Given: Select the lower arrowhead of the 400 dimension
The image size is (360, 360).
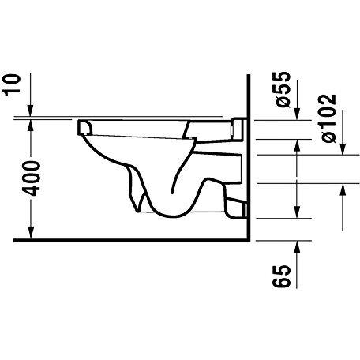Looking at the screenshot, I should point(32,236).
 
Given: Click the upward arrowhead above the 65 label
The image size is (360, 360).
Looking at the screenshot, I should point(297,246).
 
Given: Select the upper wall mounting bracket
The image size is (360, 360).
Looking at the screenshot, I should point(237,126).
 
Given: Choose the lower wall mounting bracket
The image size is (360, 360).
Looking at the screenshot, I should point(234,206).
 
